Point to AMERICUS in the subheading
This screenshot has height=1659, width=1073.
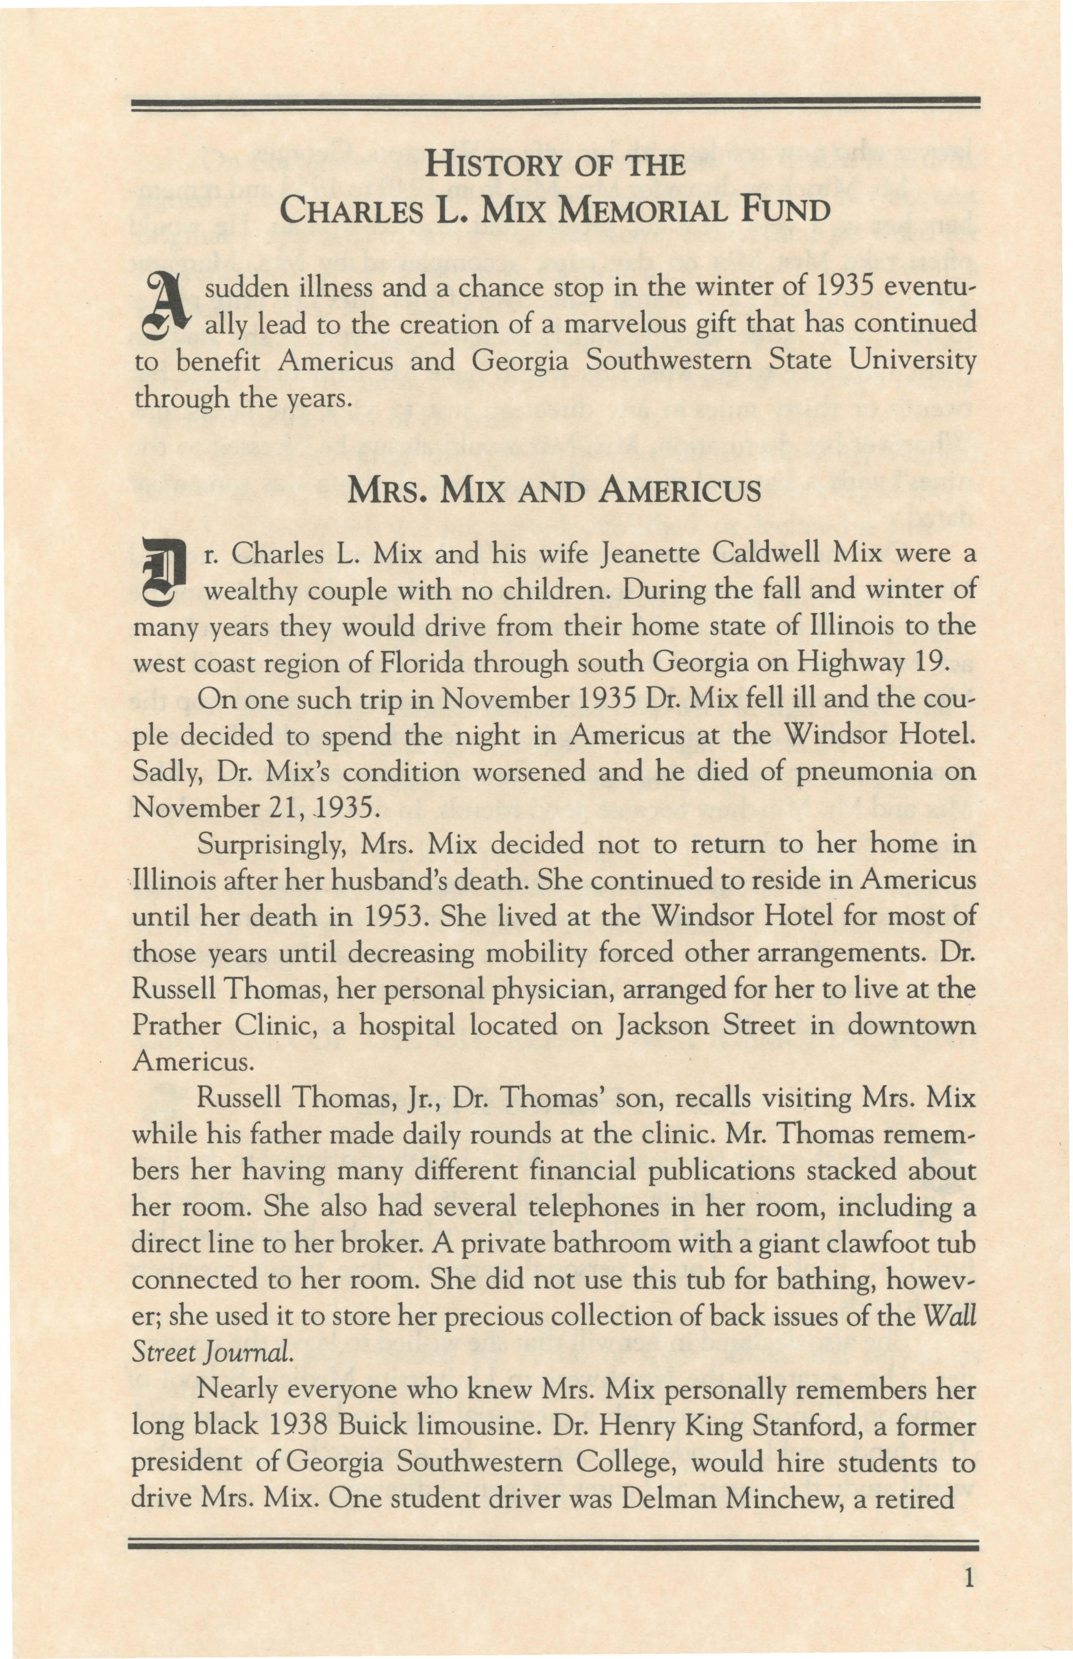[x=679, y=493]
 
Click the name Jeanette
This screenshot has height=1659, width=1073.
[x=646, y=554]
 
